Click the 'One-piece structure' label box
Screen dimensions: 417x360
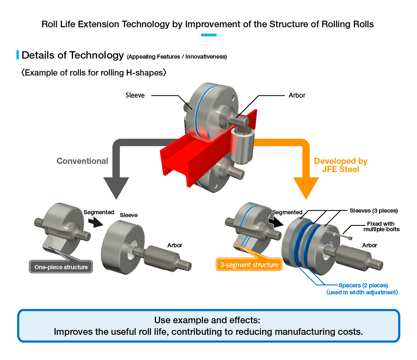61,267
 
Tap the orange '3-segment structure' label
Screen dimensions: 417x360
249,265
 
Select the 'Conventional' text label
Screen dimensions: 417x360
83,161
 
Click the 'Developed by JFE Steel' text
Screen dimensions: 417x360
341,165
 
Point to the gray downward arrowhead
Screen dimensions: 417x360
116,187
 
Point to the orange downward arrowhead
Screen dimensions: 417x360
306,187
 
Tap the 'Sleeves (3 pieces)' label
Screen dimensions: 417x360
374,211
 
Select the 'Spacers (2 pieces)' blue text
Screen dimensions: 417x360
363,285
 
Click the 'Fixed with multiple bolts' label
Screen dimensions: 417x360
381,227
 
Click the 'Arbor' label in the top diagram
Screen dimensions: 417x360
297,95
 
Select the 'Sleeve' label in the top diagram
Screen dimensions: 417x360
135,95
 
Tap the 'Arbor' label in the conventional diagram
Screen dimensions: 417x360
175,245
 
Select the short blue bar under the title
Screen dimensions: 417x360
209,35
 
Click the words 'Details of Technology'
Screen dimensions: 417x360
73,55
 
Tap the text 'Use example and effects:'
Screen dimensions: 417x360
207,320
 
